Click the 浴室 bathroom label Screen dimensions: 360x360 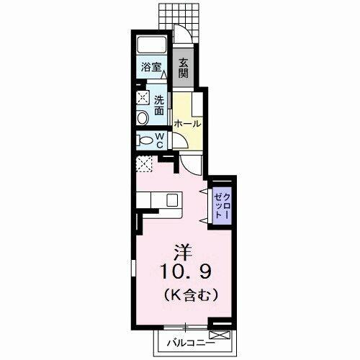click(151, 67)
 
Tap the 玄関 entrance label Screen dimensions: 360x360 click(184, 68)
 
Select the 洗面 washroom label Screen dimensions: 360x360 click(159, 105)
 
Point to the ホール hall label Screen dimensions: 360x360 click(187, 124)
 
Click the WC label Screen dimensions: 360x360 click(160, 140)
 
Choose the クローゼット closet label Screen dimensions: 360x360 click(222, 206)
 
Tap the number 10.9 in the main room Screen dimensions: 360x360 click(186, 271)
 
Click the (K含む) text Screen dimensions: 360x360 click(191, 294)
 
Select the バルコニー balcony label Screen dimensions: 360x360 click(191, 343)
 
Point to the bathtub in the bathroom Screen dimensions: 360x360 click(152, 45)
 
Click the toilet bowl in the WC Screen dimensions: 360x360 click(146, 140)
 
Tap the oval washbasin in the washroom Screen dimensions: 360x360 click(143, 118)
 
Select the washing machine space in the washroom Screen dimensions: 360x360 click(143, 98)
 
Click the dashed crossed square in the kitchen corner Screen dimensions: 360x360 click(144, 163)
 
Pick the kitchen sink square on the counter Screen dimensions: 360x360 click(172, 200)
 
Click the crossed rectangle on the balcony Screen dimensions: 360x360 click(220, 335)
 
